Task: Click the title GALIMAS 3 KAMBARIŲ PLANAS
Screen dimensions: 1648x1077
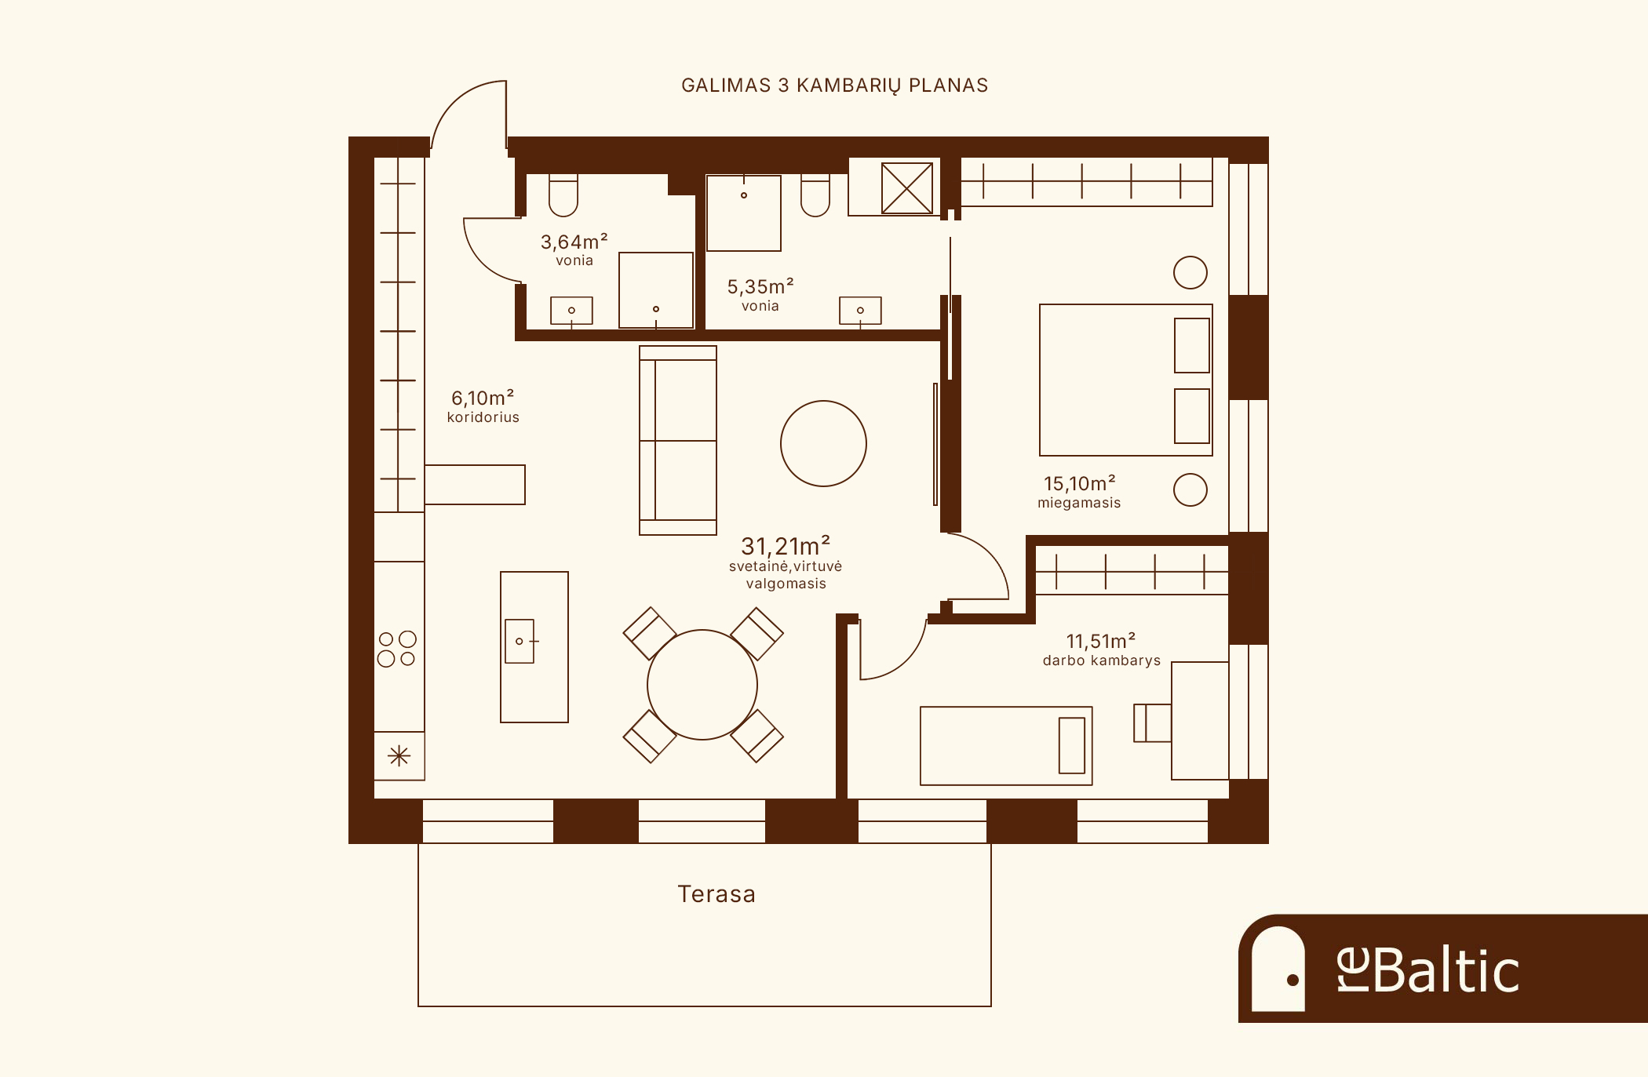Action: point(834,86)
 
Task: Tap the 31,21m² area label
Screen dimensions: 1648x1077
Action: point(786,545)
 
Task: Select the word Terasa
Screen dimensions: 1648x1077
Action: point(716,894)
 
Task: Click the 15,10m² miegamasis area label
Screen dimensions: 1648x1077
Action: point(1079,492)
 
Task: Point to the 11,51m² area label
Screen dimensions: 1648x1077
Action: point(1101,641)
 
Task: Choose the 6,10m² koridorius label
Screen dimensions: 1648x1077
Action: point(483,406)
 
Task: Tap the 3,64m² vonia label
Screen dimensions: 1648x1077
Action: point(574,249)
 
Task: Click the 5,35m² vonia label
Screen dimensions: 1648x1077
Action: point(760,295)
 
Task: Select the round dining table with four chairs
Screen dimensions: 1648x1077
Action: point(702,685)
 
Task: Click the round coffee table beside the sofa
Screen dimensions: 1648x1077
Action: point(823,443)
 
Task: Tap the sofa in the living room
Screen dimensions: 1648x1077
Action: point(678,440)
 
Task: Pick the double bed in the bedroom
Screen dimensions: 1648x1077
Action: point(1126,380)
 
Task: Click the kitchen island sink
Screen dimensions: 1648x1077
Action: point(520,641)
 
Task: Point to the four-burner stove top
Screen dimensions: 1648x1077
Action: point(397,649)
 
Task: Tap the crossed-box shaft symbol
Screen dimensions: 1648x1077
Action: point(907,188)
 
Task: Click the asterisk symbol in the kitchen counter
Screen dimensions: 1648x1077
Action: point(399,756)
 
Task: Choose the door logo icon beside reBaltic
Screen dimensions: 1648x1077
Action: point(1278,969)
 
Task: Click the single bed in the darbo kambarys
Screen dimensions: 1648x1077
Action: point(1006,746)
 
